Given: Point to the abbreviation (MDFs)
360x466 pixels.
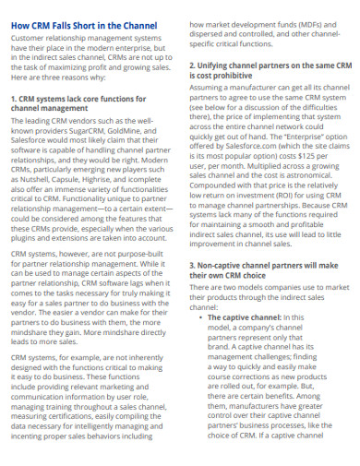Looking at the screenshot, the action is [309, 25].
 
